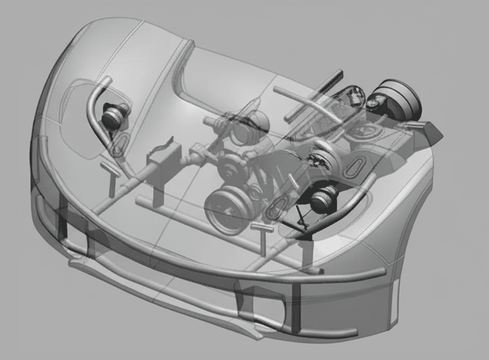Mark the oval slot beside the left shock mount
click(x=120, y=143)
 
